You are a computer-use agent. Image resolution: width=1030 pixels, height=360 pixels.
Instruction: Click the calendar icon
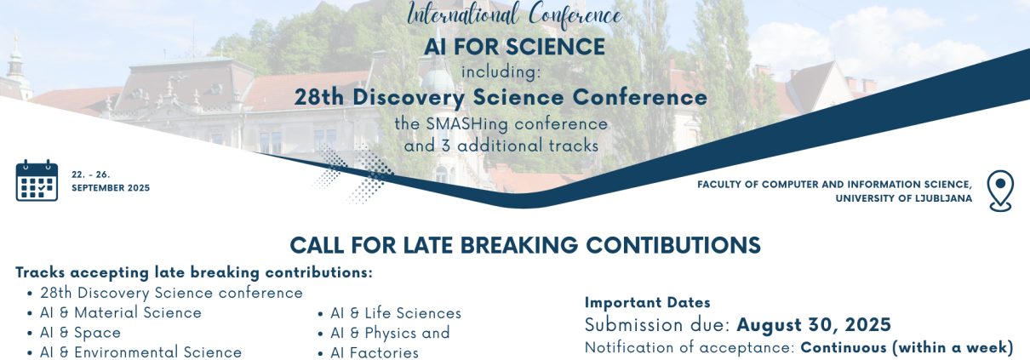[37, 180]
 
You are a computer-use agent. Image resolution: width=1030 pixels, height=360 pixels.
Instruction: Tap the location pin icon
[1000, 191]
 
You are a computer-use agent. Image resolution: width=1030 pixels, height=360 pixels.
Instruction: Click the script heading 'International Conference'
[514, 14]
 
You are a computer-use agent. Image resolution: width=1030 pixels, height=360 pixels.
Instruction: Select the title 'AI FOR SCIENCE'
[514, 47]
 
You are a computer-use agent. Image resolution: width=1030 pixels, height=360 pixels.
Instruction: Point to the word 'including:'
[501, 72]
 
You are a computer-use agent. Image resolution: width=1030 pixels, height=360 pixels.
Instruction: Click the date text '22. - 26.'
[90, 174]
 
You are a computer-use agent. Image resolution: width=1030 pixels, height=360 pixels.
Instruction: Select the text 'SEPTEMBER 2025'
[111, 188]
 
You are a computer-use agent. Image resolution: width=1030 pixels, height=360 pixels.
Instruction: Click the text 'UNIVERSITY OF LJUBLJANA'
[903, 198]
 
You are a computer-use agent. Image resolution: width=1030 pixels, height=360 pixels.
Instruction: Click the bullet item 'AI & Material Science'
[121, 312]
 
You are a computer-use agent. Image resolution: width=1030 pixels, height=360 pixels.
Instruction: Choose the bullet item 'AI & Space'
[81, 333]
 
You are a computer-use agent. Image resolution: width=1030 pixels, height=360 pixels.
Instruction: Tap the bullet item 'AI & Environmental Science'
[140, 352]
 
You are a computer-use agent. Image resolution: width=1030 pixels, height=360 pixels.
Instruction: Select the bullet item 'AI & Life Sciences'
[396, 313]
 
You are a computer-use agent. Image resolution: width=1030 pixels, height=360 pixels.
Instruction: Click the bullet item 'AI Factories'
[375, 352]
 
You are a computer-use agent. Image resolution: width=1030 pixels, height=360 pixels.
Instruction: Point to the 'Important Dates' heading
[648, 302]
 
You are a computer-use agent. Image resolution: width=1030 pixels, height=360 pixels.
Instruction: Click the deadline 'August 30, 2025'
[814, 325]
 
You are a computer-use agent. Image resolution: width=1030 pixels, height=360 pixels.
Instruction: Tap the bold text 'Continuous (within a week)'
[907, 347]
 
